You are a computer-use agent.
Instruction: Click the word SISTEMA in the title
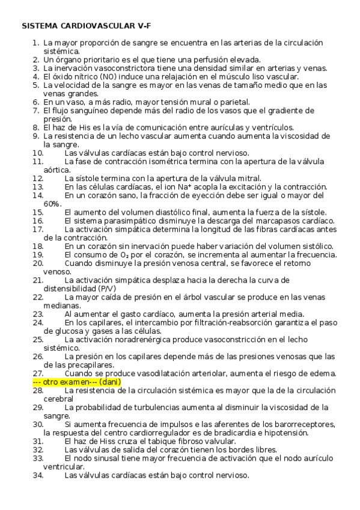pos(41,26)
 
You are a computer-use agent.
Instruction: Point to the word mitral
pos(249,179)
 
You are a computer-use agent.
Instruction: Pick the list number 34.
pos(38,475)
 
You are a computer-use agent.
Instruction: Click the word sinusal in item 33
pos(108,458)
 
